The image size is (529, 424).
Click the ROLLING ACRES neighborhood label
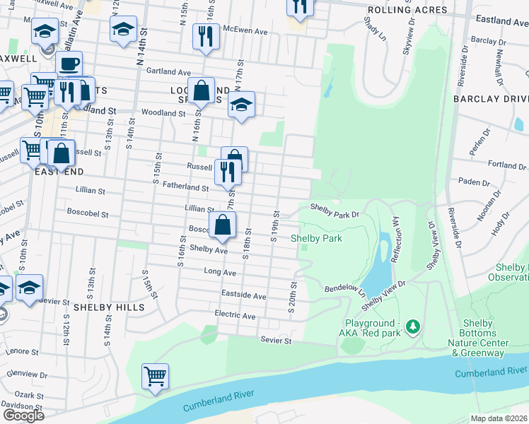coord(407,10)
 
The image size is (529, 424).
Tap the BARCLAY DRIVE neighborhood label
coord(490,99)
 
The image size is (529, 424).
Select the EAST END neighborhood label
coord(59,172)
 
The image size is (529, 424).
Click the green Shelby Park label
coord(317,238)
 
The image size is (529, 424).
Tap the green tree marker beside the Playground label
coord(414,327)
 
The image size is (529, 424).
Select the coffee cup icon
coord(69,64)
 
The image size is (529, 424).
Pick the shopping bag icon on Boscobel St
coord(222,225)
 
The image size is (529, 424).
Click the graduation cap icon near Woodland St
coord(241,105)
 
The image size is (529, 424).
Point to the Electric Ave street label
coord(238,315)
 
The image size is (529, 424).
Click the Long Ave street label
coord(220,271)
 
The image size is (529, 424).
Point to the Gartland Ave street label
coord(169,72)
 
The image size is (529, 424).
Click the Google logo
coord(23,415)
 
